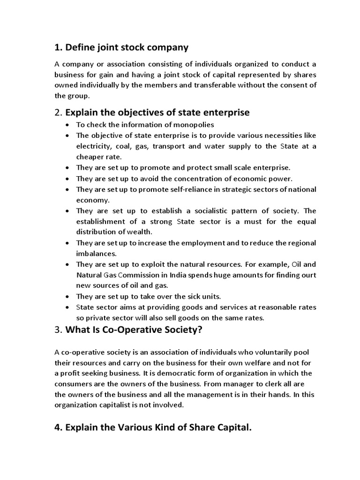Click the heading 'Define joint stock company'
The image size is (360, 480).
click(x=127, y=47)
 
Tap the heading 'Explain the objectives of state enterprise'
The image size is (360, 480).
click(x=157, y=112)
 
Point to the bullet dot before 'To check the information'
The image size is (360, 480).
click(x=68, y=125)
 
